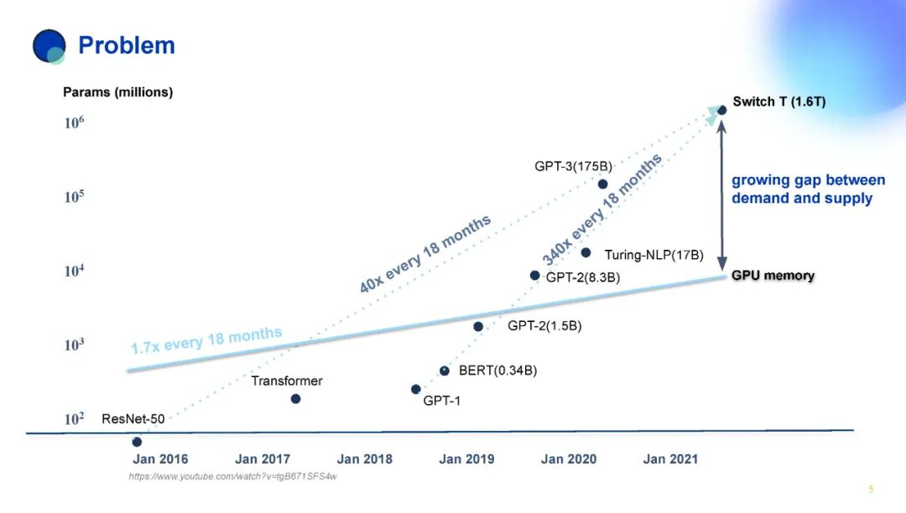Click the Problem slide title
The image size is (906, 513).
[x=127, y=45]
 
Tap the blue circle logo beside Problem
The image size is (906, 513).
[x=49, y=46]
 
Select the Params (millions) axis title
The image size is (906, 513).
[x=118, y=92]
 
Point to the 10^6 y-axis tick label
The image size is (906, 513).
[x=74, y=122]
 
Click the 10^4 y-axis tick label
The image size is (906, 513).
[x=74, y=270]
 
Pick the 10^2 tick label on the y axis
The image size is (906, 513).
[x=74, y=418]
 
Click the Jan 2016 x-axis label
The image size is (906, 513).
[x=160, y=459]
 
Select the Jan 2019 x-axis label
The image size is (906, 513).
[x=466, y=459]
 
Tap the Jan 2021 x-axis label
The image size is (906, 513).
[x=670, y=459]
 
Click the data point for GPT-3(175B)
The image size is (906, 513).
[x=602, y=184]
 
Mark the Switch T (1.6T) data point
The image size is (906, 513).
[x=721, y=110]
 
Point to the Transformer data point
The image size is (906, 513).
[x=295, y=399]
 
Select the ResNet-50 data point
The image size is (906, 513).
[x=137, y=442]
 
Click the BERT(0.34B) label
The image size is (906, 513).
[x=497, y=370]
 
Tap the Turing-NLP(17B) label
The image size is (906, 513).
[x=654, y=255]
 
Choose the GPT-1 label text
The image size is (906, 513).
[x=441, y=401]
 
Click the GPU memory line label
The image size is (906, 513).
[x=773, y=275]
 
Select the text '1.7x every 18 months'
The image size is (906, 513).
[x=206, y=340]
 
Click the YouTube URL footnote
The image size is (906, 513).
[x=232, y=477]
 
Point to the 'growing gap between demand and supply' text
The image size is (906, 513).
[x=808, y=189]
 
